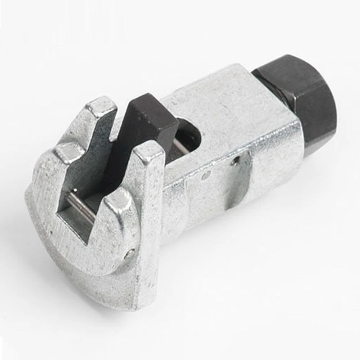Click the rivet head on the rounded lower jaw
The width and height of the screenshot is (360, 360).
(130, 253)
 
